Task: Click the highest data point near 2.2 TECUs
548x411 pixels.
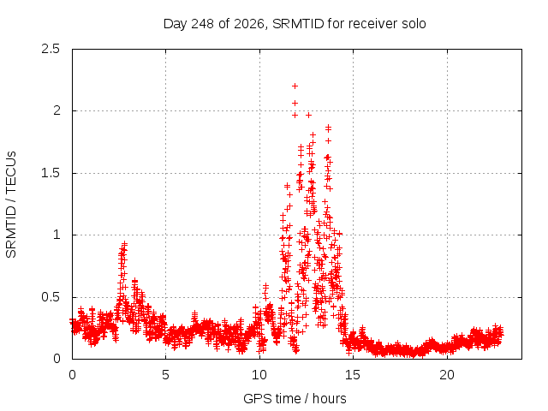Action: click(295, 86)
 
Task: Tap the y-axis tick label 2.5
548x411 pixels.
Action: click(51, 49)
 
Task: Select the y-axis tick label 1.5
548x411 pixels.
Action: click(51, 173)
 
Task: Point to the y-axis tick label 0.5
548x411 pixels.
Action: click(51, 297)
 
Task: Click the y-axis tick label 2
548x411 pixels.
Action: click(57, 110)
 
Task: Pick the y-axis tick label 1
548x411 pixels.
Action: click(57, 235)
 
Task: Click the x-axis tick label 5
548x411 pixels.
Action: click(165, 375)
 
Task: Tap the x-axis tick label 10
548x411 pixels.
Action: click(259, 375)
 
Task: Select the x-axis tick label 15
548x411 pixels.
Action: click(353, 375)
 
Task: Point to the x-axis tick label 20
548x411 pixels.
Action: click(447, 375)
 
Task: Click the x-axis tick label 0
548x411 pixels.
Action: click(72, 375)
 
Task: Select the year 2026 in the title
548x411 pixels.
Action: click(249, 24)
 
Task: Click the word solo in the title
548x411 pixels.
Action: click(414, 24)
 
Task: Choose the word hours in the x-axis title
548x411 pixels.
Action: click(329, 399)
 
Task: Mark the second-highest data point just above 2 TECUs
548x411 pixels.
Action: click(295, 103)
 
